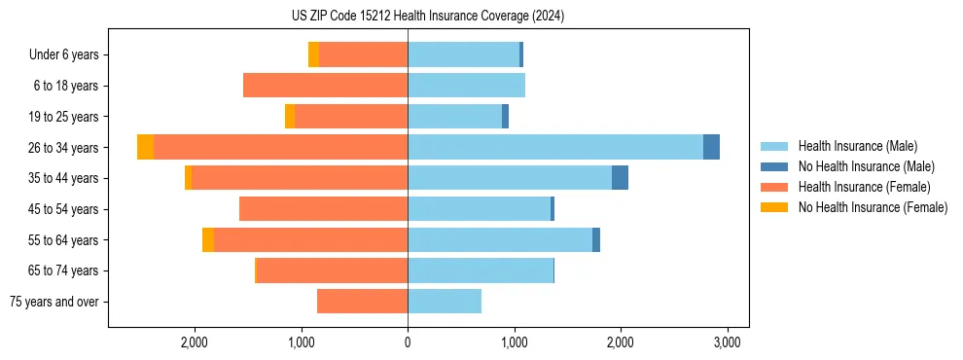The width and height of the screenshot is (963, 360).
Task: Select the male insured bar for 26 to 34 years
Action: [x=554, y=147]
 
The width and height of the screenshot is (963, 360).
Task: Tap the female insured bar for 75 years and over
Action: [x=362, y=302]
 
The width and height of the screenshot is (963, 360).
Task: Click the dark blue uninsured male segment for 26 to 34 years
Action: [x=711, y=147]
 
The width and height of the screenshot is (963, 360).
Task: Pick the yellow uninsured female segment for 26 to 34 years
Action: [x=145, y=147]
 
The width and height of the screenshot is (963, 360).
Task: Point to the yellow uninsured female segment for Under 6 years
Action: [x=313, y=54]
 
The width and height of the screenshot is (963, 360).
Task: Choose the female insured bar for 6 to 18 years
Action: [x=325, y=86]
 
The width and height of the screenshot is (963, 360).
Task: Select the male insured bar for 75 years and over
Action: [x=445, y=302]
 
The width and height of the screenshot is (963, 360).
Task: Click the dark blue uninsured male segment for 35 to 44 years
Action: [x=620, y=178]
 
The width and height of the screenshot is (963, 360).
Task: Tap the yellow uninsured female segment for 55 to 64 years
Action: [x=208, y=239]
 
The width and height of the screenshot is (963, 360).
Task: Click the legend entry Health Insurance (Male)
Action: [x=856, y=146]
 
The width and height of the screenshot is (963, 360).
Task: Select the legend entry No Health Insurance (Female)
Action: [x=873, y=207]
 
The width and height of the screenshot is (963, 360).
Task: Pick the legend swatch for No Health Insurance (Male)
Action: [x=775, y=166]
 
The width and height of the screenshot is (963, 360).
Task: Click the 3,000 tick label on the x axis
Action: [x=728, y=342]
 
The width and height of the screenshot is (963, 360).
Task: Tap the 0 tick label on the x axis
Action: [x=408, y=342]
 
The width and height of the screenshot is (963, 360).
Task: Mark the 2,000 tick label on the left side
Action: [x=195, y=342]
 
